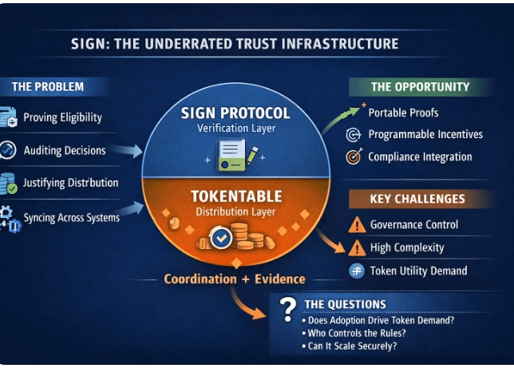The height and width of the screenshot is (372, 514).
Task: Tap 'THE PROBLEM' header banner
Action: point(48,86)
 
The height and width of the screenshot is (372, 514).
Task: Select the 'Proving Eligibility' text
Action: point(62,117)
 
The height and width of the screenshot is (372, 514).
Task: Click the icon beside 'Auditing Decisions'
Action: point(8,150)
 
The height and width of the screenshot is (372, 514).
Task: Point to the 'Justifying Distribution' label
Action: point(70,183)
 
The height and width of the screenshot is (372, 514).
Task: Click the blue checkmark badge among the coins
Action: point(220,237)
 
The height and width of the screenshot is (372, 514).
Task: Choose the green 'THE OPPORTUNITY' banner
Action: point(420,86)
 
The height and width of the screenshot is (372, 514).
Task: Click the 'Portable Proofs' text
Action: point(403,113)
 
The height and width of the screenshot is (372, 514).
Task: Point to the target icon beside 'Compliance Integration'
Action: point(354,157)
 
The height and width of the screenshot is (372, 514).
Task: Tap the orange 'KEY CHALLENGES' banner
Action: point(417,199)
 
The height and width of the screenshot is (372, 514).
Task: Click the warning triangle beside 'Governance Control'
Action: point(356,225)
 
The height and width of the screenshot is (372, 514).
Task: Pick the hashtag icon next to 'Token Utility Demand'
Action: point(357,271)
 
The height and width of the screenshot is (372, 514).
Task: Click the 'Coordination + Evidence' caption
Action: point(234,279)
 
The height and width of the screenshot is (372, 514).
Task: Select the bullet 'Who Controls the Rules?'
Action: point(356,333)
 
